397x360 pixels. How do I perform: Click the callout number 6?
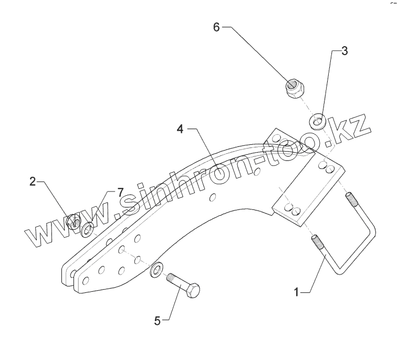tap(216, 27)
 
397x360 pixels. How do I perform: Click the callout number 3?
tap(344, 51)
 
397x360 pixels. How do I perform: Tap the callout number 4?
tap(180, 129)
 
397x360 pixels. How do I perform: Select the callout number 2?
tap(33, 182)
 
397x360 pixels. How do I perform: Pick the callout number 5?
tap(156, 320)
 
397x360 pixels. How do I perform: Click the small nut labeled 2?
tap(74, 223)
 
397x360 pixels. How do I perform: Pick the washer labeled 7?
tap(87, 229)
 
